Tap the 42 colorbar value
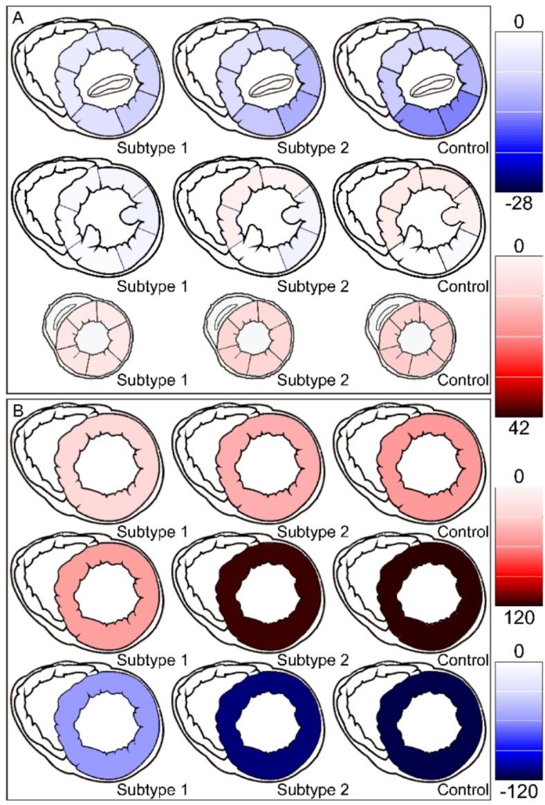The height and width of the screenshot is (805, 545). click(x=518, y=429)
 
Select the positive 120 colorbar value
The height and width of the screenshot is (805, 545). click(x=518, y=617)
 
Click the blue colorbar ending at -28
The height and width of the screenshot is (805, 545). click(x=518, y=111)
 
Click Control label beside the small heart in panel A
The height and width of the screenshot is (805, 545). click(x=468, y=380)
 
